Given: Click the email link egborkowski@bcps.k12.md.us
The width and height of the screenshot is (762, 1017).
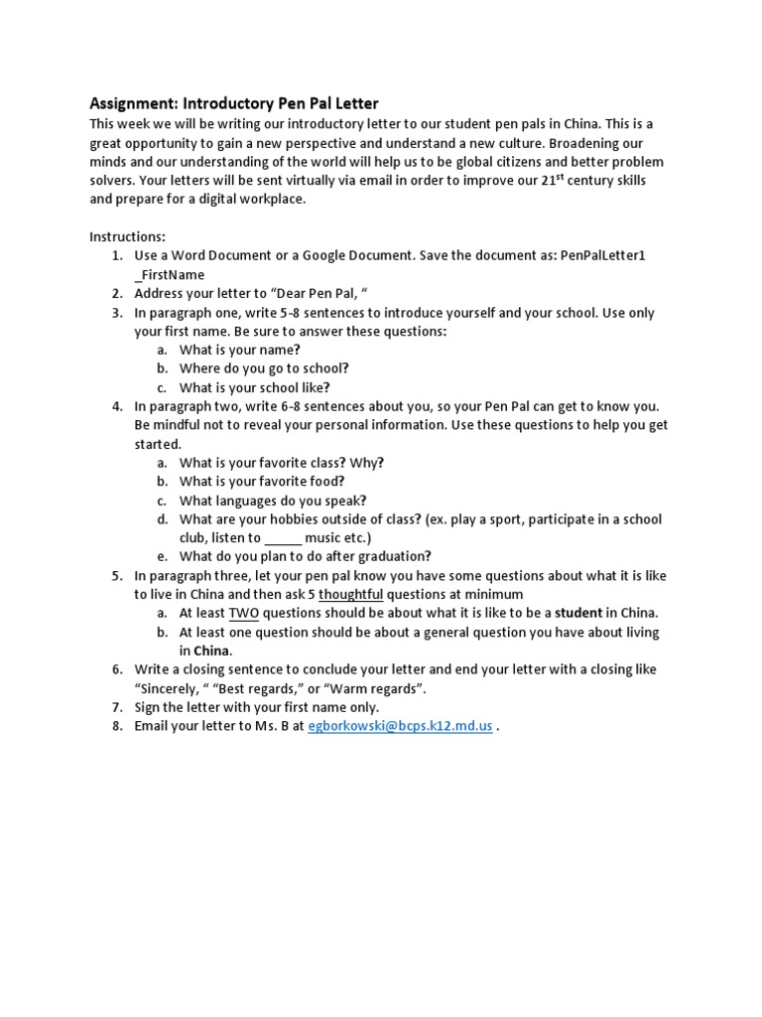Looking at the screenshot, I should [400, 726].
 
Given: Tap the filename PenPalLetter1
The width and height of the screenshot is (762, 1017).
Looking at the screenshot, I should [602, 255].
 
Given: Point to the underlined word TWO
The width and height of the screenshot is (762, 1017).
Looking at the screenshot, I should [243, 613].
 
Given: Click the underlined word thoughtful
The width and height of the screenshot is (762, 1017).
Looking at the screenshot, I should [350, 594].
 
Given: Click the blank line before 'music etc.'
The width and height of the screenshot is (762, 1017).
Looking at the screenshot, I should [283, 537].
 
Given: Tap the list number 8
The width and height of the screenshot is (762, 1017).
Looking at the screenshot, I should [116, 726].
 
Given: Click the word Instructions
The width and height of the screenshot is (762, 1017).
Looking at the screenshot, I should [128, 236].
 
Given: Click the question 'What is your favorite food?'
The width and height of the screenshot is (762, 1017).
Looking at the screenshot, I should [262, 481].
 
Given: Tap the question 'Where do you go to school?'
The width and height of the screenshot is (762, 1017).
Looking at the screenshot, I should [264, 367].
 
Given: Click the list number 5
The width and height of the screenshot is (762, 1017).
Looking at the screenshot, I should [116, 575].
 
